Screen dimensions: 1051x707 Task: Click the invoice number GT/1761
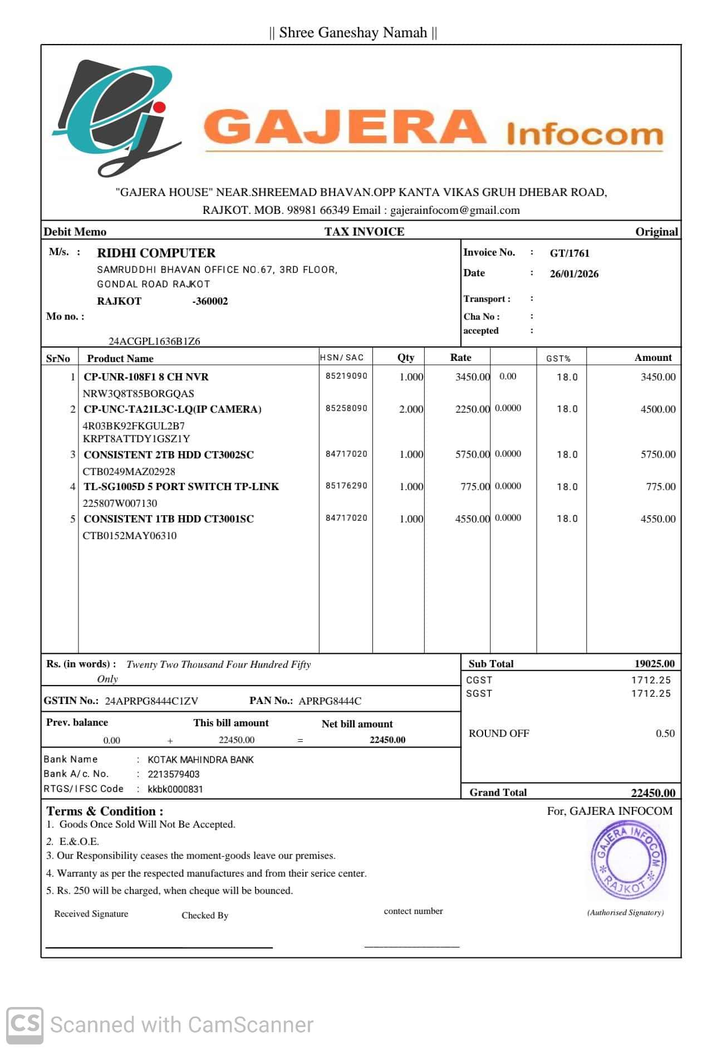[569, 253]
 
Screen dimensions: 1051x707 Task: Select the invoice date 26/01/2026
[574, 274]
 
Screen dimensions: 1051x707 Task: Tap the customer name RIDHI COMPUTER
[156, 253]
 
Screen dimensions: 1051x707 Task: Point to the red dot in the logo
[159, 106]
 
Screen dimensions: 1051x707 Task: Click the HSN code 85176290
[346, 486]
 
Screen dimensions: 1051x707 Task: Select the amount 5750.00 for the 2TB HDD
[657, 454]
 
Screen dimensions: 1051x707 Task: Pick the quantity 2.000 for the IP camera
[411, 409]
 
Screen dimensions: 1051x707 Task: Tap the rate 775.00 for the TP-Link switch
[475, 487]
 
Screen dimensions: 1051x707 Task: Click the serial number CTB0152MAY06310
[130, 536]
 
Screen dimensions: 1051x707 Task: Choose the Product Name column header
[120, 359]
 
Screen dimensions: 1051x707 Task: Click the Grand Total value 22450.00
[652, 793]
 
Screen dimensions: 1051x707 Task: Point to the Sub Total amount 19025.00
[654, 664]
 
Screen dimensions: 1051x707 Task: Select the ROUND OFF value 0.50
[665, 734]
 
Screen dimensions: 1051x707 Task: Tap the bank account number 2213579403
[173, 774]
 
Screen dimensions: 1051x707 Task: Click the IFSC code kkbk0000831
[175, 789]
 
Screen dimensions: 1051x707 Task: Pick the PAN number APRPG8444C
[330, 701]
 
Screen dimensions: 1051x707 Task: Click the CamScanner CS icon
[24, 1024]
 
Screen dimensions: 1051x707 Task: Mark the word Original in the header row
[656, 232]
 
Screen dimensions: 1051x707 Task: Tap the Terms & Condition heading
[105, 812]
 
